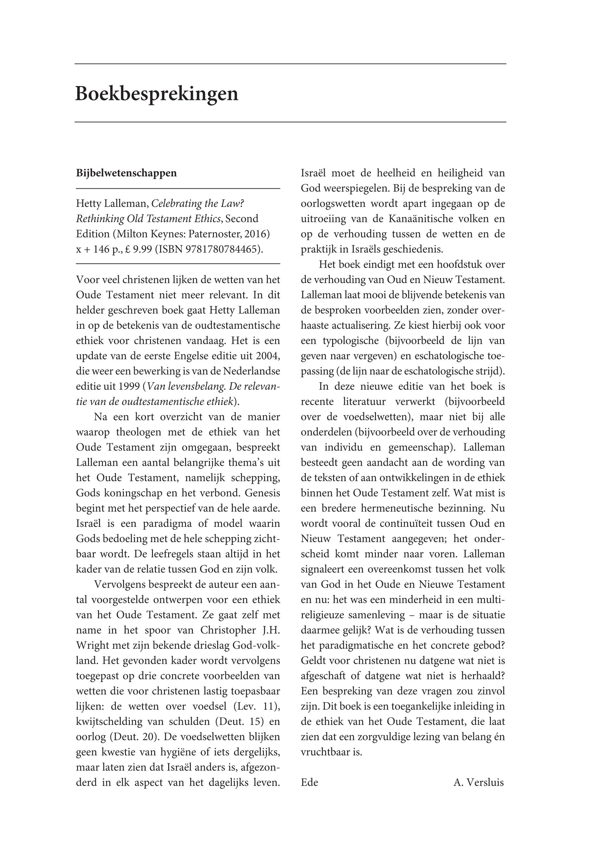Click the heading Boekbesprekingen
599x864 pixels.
[156, 94]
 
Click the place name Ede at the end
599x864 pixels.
[309, 782]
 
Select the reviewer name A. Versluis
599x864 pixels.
[479, 782]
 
